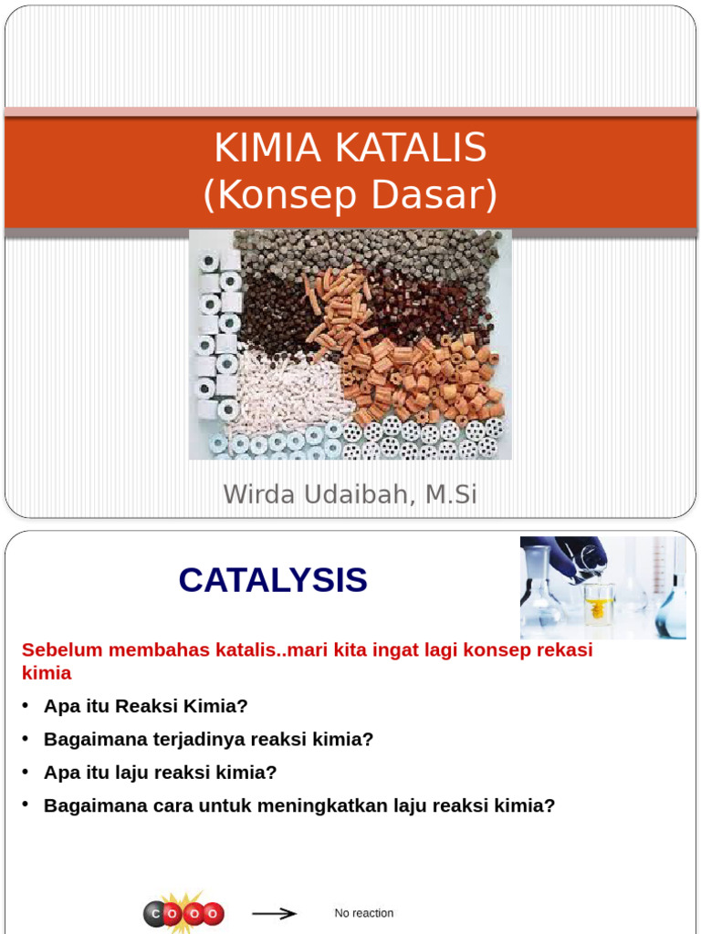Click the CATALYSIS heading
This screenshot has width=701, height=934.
272,580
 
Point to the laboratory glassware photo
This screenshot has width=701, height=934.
602,587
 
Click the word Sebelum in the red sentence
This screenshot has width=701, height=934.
58,650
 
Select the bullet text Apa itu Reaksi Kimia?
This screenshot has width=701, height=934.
146,706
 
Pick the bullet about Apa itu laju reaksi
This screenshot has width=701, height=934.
160,773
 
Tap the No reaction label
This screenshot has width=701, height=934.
364,913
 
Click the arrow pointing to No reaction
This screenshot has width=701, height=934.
275,913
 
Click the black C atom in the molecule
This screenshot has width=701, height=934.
155,914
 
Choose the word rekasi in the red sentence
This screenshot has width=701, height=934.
566,650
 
